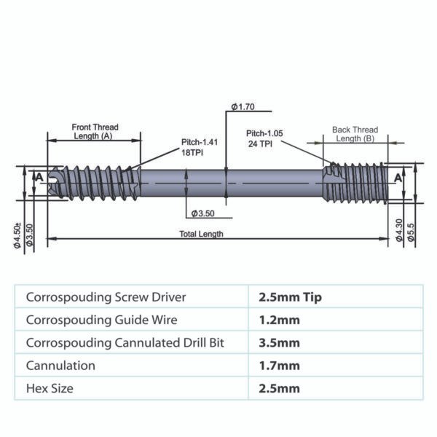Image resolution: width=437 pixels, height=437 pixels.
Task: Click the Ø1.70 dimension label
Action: [x=243, y=107]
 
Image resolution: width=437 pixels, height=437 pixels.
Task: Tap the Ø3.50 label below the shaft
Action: [x=203, y=213]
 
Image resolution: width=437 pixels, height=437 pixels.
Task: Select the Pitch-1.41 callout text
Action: [x=200, y=142]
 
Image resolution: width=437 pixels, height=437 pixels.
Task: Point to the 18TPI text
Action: [x=192, y=153]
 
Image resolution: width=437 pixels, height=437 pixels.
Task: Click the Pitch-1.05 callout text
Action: [x=264, y=133]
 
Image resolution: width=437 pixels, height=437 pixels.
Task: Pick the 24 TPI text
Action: [x=260, y=144]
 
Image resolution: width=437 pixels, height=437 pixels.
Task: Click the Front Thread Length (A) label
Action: [x=95, y=132]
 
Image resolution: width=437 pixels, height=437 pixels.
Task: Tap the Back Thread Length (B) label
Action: [x=355, y=134]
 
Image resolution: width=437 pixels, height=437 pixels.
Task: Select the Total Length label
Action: [x=201, y=234]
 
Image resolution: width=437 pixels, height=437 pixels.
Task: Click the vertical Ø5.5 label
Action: [x=411, y=232]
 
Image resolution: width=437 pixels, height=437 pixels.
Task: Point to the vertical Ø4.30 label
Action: [x=399, y=230]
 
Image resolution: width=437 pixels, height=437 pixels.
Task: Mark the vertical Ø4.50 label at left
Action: [x=17, y=235]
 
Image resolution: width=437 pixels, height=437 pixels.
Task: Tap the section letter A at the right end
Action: [x=398, y=178]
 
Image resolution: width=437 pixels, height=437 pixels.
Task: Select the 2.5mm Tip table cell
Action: [x=290, y=297]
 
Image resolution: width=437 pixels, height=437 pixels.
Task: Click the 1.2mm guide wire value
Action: [x=279, y=320]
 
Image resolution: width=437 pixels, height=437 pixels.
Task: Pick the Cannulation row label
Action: [x=60, y=366]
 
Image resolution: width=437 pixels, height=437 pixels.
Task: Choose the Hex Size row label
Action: [x=50, y=388]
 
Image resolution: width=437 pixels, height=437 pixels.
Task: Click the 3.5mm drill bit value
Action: [x=279, y=343]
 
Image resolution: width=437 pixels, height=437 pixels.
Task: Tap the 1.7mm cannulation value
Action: [x=279, y=366]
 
